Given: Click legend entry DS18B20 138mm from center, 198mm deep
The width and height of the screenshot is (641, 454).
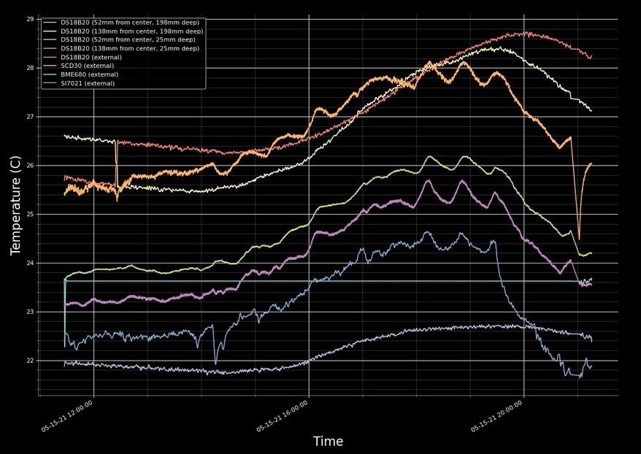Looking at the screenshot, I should [131, 31].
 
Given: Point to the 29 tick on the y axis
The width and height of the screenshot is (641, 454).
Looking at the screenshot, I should [30, 19].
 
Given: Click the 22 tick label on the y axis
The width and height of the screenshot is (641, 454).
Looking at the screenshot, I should [30, 361].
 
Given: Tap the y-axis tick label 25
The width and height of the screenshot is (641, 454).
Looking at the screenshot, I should [30, 214].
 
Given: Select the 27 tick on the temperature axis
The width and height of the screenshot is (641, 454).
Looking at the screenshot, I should [30, 117].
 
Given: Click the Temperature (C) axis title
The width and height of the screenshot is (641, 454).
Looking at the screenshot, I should [15, 205].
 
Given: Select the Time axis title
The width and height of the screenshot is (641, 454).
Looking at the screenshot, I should [328, 442].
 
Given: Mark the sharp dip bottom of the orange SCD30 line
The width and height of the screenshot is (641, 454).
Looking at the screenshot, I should [579, 239].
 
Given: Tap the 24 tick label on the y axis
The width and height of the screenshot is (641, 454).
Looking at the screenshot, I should [30, 263].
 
